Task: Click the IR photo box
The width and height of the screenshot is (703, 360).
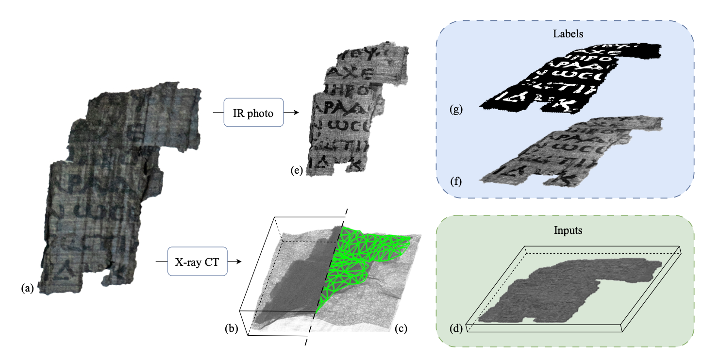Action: [x=253, y=113]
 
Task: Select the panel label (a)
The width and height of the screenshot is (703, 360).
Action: [x=27, y=289]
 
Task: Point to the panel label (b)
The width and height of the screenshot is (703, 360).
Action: [x=232, y=328]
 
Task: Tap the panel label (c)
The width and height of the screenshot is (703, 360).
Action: [x=401, y=328]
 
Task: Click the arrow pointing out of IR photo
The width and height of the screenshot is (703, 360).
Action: [x=291, y=113]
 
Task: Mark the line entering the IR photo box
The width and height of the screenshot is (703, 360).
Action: [x=218, y=113]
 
